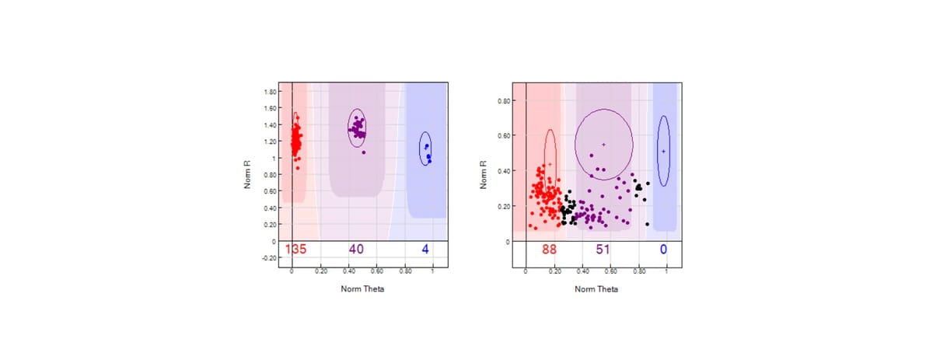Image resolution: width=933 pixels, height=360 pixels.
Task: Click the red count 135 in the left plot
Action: [296, 249]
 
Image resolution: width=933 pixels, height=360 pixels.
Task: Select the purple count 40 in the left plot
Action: [356, 249]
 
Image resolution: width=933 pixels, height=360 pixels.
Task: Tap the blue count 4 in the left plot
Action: [425, 249]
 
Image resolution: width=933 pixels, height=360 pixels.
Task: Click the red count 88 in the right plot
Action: [550, 249]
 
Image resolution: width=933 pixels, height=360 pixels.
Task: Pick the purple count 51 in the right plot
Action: [603, 249]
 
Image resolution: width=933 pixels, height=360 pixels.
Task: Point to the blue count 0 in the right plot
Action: [663, 249]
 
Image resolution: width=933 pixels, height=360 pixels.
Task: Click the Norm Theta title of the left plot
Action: [362, 288]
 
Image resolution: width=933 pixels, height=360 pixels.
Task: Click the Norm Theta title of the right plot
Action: [596, 288]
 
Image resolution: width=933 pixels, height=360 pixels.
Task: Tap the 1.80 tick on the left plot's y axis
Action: [271, 92]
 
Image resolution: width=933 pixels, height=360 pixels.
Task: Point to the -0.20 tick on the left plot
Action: [270, 257]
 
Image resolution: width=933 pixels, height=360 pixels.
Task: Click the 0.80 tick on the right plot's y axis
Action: [504, 101]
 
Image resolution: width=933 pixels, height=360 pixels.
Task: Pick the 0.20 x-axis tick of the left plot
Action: [320, 272]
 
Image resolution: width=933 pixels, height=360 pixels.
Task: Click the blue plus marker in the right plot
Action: [663, 151]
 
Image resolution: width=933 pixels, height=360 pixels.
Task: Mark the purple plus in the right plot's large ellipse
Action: [603, 145]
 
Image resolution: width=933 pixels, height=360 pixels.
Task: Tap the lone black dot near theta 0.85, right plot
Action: [647, 224]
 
